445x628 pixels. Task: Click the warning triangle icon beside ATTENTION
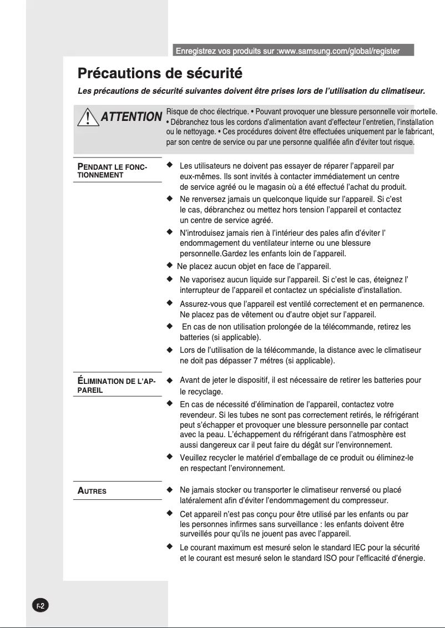[x=86, y=117]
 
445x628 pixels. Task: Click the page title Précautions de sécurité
[x=160, y=73]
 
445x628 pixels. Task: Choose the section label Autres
[x=92, y=491]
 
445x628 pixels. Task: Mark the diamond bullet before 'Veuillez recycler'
[x=169, y=457]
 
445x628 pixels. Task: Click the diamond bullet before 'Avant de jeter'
[x=169, y=380]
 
